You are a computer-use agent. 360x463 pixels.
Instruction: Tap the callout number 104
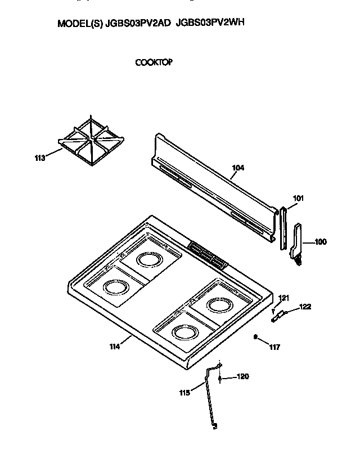coord(238,167)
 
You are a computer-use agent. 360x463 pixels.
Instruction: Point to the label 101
coord(298,198)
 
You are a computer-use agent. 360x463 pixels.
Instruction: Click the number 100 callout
coord(319,242)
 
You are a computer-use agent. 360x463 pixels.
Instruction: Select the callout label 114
coord(115,347)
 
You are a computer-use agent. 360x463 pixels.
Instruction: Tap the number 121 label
coord(284,298)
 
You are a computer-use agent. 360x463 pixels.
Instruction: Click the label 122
coord(305,307)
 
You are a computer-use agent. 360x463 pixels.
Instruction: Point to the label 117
coord(274,347)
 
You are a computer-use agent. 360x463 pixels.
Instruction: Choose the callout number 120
coord(242,376)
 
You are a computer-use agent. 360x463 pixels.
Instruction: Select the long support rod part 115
coord(211,399)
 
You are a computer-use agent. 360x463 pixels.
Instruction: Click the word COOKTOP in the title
coord(154,62)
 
